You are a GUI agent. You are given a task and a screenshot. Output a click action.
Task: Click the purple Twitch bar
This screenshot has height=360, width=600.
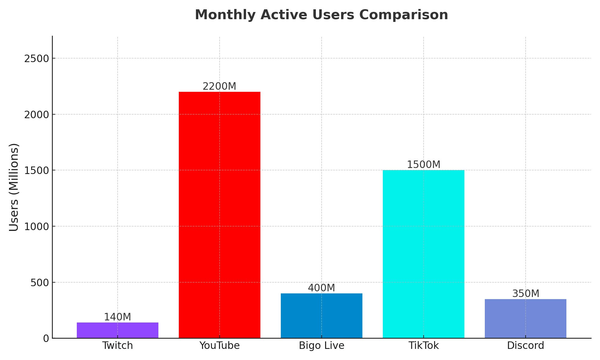tap(117, 330)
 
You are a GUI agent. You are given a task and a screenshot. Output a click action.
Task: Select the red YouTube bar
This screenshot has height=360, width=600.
tap(219, 215)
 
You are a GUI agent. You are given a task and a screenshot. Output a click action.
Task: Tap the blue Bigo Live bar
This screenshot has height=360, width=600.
tap(321, 316)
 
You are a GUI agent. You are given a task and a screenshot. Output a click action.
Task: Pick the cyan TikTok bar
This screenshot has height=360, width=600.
tap(423, 254)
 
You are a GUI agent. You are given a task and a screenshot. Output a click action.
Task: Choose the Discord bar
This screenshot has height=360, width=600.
tap(525, 319)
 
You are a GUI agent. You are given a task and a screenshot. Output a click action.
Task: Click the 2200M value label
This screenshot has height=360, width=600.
tap(219, 86)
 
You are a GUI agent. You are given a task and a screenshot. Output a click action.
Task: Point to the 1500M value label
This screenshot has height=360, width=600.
tap(423, 165)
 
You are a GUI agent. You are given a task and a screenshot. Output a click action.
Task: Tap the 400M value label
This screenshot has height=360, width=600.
tap(321, 288)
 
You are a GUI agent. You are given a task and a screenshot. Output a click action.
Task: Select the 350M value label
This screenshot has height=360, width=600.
tap(525, 294)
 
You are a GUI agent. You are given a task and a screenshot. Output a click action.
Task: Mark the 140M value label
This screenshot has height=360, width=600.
tap(117, 317)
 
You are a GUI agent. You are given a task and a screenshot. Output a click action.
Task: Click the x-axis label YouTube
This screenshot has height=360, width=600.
tap(219, 346)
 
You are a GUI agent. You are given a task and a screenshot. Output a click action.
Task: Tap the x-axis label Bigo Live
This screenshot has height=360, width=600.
tap(321, 346)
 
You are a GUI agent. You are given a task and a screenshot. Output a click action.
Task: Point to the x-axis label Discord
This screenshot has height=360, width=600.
tap(525, 346)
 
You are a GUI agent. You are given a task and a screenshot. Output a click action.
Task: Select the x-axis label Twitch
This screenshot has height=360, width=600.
tap(117, 346)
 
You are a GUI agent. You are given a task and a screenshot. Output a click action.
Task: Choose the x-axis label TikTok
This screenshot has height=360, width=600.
tap(423, 346)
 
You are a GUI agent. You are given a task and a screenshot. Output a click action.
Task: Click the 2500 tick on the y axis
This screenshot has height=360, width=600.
tap(36, 58)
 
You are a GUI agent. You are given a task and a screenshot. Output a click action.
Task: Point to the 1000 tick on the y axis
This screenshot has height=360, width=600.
tap(36, 226)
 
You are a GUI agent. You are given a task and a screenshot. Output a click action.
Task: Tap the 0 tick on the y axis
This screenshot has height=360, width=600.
tap(46, 338)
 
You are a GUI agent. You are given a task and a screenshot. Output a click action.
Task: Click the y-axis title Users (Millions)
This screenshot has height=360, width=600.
tap(14, 187)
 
